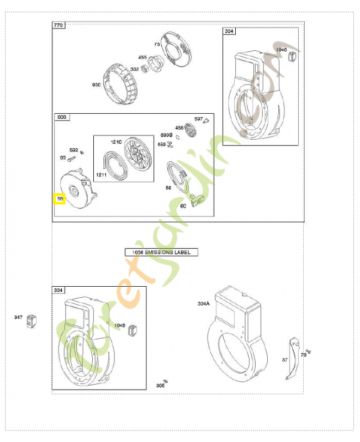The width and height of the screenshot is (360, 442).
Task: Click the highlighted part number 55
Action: [60, 198]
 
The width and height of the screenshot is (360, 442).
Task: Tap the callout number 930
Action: [97, 85]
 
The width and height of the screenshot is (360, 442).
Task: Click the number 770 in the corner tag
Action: [59, 25]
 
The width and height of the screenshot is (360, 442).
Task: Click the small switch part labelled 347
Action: [31, 319]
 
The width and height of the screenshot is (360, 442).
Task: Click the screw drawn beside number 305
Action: [165, 381]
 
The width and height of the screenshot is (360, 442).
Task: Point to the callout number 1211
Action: [101, 175]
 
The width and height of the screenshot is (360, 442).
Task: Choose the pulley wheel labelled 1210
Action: [135, 155]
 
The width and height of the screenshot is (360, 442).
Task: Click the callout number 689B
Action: [166, 135]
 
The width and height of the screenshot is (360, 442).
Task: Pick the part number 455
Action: [142, 57]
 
